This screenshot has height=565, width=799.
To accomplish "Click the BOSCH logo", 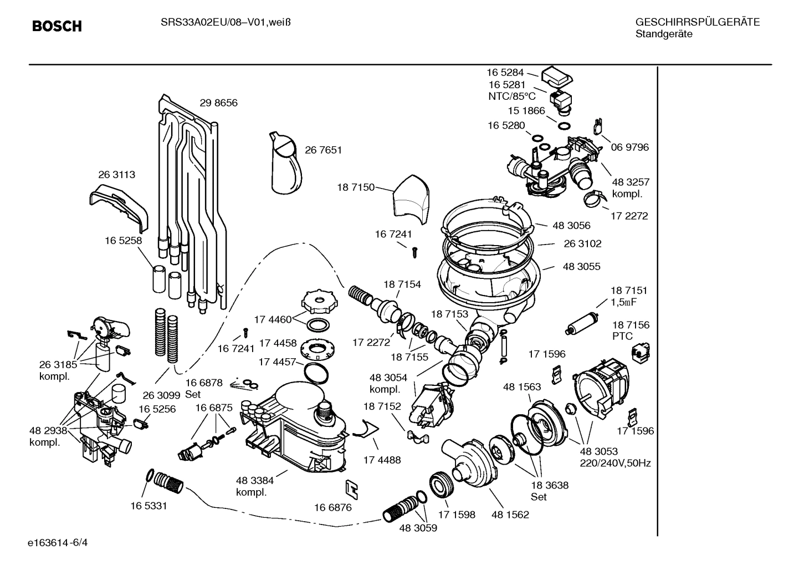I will tap(57, 26).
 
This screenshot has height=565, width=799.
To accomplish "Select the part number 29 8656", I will tap(218, 103).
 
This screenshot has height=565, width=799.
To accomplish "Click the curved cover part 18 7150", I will tap(410, 199).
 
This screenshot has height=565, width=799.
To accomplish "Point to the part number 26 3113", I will tap(116, 174).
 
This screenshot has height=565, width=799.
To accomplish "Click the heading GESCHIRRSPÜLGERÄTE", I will tap(698, 22).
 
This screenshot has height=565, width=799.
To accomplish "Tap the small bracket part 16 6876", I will tap(351, 487).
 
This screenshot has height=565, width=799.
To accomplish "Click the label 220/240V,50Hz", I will tap(615, 463).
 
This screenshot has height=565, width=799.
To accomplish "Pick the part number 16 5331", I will tap(148, 506).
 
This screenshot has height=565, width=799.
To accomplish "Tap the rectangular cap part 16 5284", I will tap(557, 76).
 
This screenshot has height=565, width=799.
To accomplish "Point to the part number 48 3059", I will tap(418, 528).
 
